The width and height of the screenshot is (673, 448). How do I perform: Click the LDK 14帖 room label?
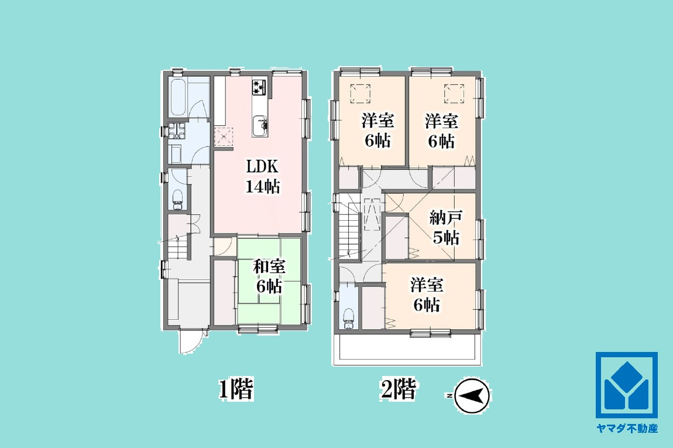[x=263, y=176]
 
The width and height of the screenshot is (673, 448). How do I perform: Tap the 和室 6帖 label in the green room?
[x=269, y=276]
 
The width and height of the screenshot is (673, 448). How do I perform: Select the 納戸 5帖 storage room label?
[x=446, y=227]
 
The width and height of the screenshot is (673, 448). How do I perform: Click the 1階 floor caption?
[x=236, y=389]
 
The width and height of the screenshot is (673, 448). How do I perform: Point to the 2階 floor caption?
[x=398, y=389]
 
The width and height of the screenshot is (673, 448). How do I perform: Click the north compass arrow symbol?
[x=472, y=395]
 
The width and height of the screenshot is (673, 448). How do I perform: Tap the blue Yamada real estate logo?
[x=627, y=385]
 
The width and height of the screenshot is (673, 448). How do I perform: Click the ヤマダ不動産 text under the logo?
[x=627, y=428]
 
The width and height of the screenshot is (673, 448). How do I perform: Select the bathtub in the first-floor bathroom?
[x=178, y=98]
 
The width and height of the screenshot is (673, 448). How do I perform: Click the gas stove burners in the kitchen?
[x=259, y=87]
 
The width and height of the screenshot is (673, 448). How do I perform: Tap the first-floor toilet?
[x=178, y=199]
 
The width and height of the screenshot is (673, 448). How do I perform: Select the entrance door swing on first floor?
[x=189, y=343]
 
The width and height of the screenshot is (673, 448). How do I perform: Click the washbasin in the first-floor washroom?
[x=176, y=131]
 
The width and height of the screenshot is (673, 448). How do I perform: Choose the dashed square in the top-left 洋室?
[x=360, y=94]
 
